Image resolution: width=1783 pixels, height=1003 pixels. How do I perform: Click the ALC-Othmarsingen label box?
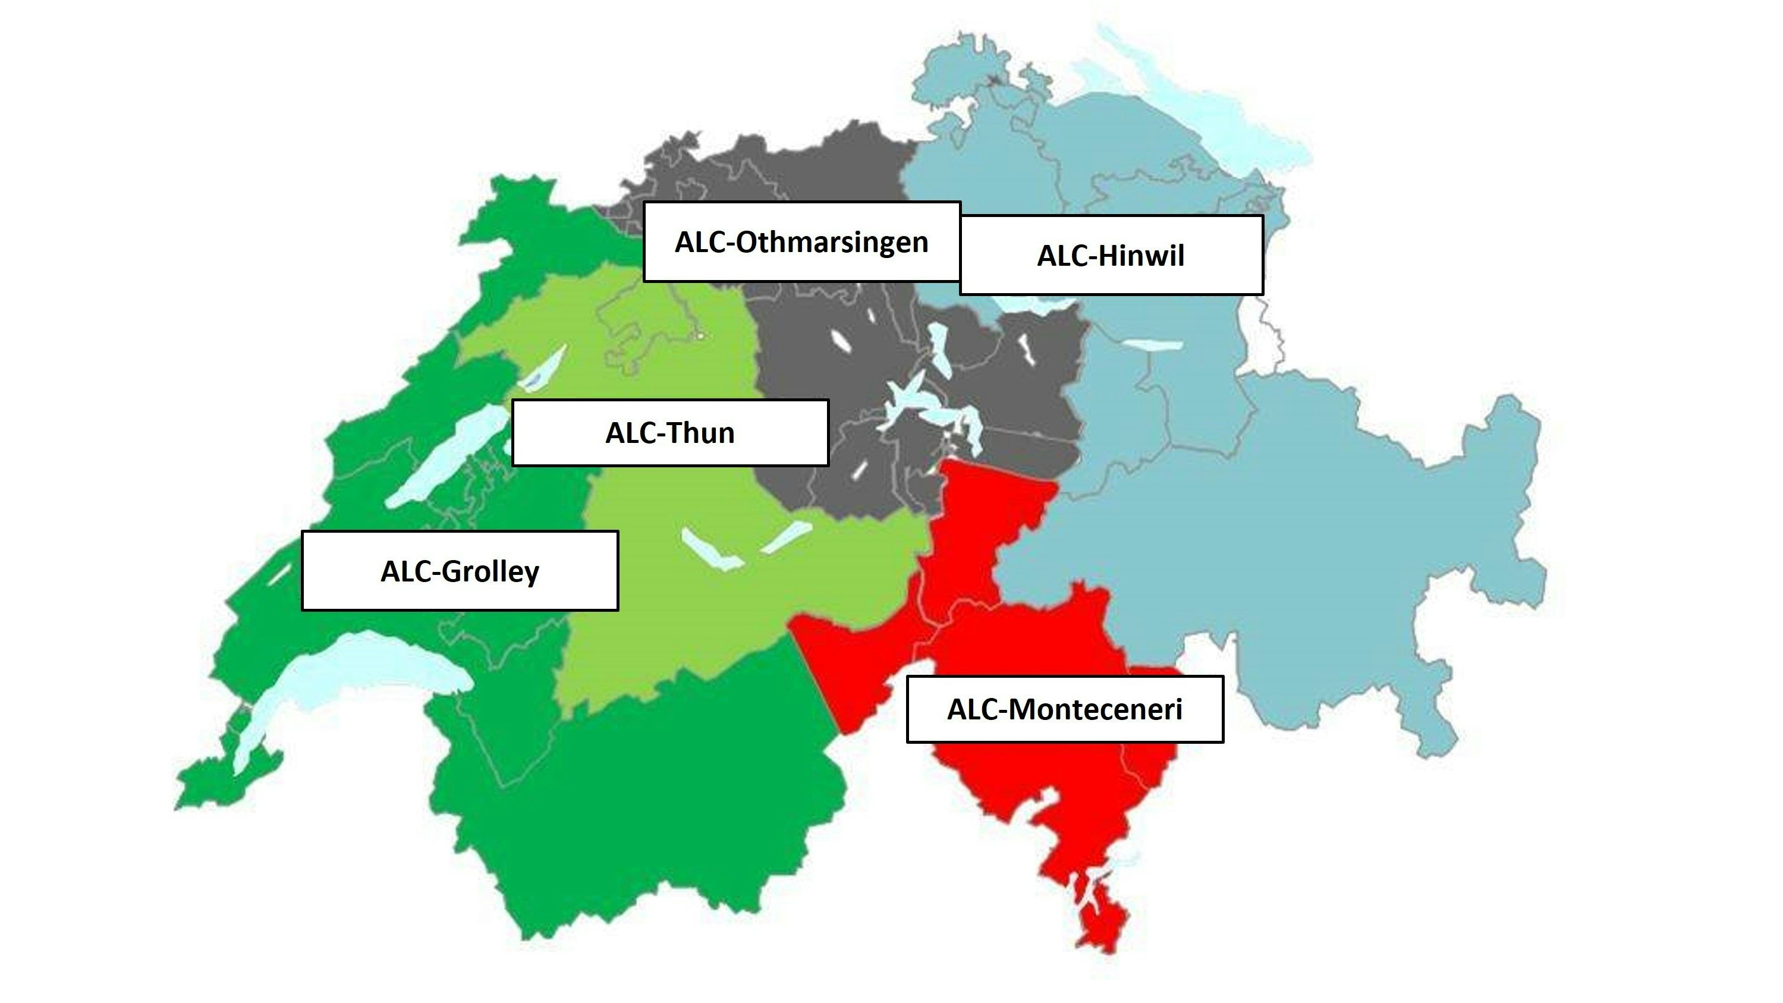[x=801, y=241]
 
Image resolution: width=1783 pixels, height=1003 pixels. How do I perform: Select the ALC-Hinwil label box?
[x=1111, y=254]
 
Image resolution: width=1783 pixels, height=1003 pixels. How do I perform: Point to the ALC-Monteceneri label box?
[x=1065, y=709]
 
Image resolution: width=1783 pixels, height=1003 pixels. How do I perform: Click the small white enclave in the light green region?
[x=700, y=336]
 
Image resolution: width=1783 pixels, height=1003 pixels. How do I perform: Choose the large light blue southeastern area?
[x=1281, y=554]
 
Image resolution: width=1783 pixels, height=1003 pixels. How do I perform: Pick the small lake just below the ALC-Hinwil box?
[x=1032, y=303]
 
